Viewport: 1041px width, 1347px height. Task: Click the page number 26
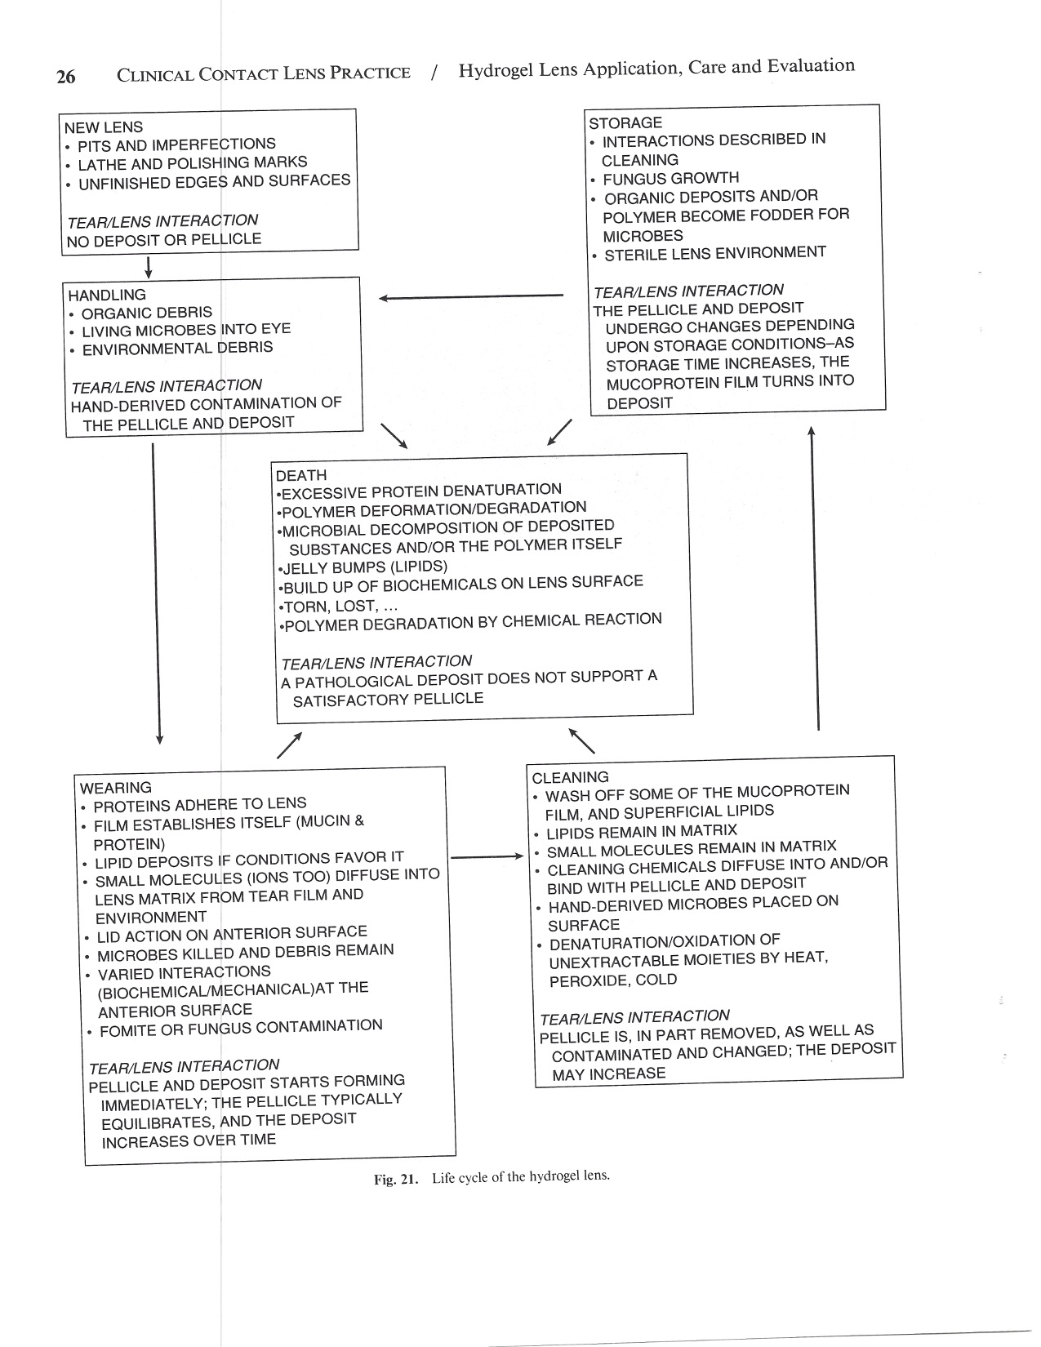tap(65, 77)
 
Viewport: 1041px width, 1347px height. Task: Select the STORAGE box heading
tap(625, 123)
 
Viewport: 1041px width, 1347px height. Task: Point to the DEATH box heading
tap(301, 475)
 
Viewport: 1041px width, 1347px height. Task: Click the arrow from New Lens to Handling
tap(149, 267)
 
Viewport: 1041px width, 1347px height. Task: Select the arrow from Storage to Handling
tap(470, 297)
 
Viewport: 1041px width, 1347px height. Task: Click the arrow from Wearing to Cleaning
tap(487, 857)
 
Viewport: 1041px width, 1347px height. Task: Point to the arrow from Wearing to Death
tap(290, 744)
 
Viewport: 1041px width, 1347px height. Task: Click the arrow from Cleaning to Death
tap(581, 740)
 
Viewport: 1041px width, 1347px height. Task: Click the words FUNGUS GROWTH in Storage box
tap(671, 178)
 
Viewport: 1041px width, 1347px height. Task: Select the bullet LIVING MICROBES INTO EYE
tap(186, 330)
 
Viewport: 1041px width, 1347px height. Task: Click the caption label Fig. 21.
tap(395, 1179)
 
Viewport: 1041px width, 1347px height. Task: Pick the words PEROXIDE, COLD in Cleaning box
tap(613, 980)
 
